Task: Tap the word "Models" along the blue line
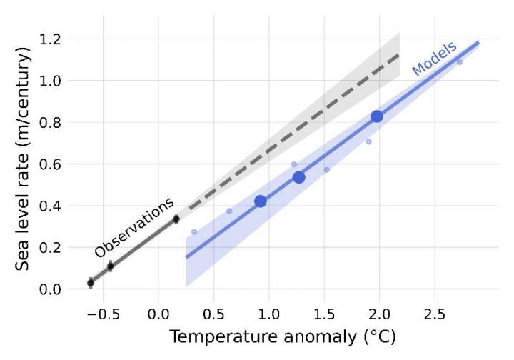point(433,59)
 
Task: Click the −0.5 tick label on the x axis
point(99,314)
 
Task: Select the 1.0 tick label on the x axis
point(268,314)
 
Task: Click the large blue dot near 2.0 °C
point(377,116)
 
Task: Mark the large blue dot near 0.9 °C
point(261,201)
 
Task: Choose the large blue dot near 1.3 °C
point(299,177)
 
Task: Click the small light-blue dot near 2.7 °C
point(460,62)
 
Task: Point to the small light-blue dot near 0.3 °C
point(194,232)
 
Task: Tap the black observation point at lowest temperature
point(91,284)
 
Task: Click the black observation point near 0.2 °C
point(176,219)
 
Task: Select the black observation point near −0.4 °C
point(110,266)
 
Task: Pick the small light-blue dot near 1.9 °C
point(369,141)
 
